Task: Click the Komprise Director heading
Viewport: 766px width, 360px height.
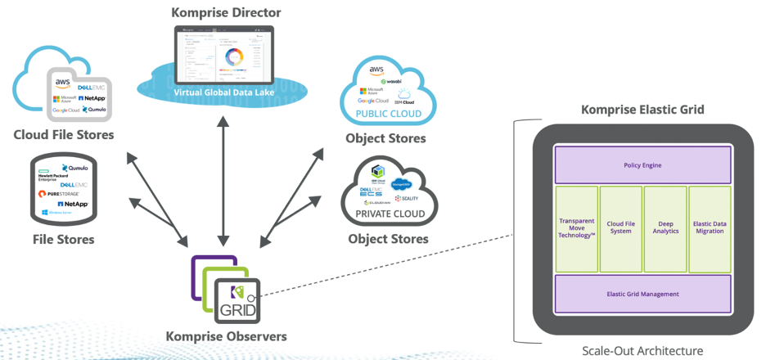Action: tap(225, 12)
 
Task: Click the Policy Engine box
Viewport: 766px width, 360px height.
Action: tap(642, 165)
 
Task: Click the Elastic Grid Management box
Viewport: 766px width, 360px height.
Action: tap(642, 294)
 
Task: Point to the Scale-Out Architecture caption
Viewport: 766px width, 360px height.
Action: tap(642, 350)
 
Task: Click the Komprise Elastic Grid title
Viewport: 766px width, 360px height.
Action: tap(642, 110)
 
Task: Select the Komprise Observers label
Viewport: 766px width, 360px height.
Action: tap(226, 336)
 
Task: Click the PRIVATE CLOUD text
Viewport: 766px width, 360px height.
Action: tap(390, 214)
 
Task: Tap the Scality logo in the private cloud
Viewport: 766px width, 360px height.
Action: tap(407, 198)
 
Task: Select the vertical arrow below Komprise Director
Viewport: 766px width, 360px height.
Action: tap(222, 176)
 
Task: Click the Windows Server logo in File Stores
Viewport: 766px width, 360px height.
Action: tap(59, 212)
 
